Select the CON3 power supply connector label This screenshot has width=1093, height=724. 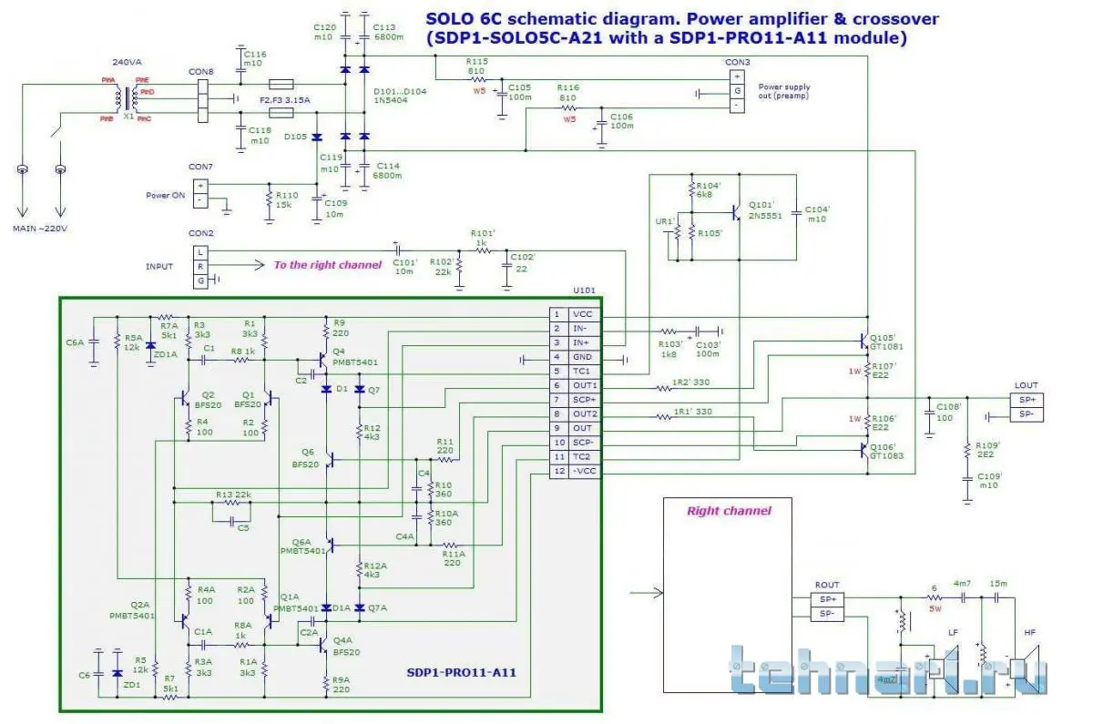pyautogui.click(x=737, y=62)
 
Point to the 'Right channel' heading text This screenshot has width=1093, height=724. pyautogui.click(x=728, y=511)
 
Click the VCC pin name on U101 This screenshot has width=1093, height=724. pyautogui.click(x=582, y=314)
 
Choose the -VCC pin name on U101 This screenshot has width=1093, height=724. pyautogui.click(x=582, y=471)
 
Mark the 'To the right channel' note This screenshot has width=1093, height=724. pyautogui.click(x=328, y=265)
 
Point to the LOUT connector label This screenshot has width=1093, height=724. pyautogui.click(x=1027, y=385)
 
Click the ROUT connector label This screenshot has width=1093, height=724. pyautogui.click(x=828, y=585)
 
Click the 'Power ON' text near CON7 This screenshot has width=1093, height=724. pyautogui.click(x=165, y=195)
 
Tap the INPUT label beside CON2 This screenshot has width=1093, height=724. pyautogui.click(x=159, y=266)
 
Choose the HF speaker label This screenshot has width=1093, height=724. pyautogui.click(x=1029, y=632)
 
